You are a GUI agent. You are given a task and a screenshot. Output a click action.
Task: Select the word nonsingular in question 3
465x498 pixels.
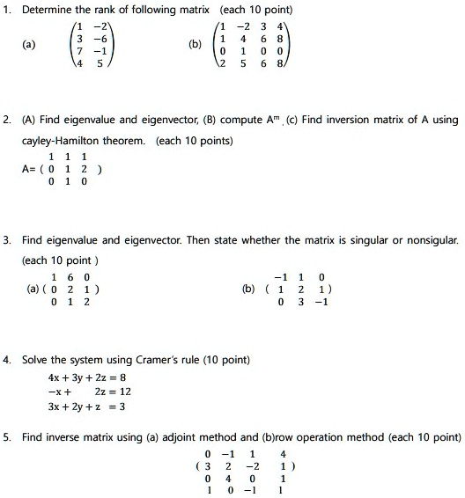431,239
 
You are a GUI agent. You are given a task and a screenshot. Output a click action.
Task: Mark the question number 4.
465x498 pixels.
7,360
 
